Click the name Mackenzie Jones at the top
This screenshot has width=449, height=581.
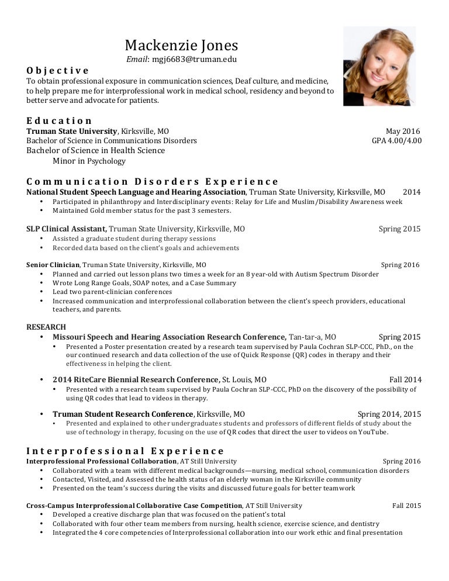pos(182,45)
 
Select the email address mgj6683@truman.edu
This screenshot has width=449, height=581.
pos(194,59)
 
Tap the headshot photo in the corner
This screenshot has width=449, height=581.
pos(379,66)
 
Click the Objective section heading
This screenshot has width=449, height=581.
pos(58,71)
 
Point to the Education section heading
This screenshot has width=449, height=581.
pos(59,121)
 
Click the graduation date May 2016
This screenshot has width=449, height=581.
pos(403,132)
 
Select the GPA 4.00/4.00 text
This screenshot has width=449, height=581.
pos(396,141)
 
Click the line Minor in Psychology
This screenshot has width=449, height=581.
pos(89,161)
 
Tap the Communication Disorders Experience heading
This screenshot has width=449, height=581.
pos(153,182)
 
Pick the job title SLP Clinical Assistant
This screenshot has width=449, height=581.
pos(66,229)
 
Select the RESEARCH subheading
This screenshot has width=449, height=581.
pos(46,327)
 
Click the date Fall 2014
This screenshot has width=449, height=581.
pos(405,379)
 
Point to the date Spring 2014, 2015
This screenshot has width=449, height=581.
pos(389,414)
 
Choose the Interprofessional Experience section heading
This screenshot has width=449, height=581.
pos(125,451)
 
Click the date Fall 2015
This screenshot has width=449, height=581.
pos(406,506)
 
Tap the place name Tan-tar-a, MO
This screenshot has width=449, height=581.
pos(312,337)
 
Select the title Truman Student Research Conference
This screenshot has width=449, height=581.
pos(115,414)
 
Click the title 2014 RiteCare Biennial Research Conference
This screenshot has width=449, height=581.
pos(136,379)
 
